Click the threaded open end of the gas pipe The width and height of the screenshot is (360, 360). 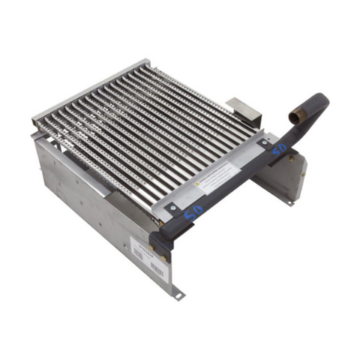pyautogui.click(x=295, y=118)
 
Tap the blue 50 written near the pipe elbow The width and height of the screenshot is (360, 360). pyautogui.click(x=278, y=149)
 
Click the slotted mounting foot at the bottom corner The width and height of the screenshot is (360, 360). pyautogui.click(x=178, y=295)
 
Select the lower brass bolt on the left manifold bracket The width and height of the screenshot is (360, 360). pyautogui.click(x=164, y=258)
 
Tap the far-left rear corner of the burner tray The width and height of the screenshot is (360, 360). pyautogui.click(x=35, y=120)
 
